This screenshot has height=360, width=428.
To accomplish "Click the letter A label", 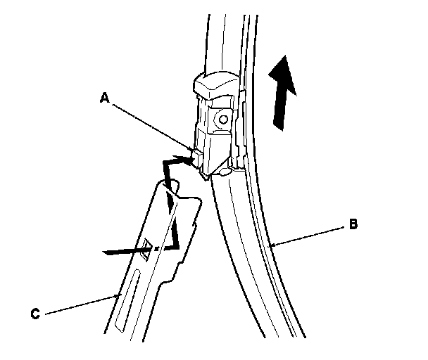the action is click(103, 99).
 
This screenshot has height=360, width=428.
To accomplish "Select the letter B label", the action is click(353, 225).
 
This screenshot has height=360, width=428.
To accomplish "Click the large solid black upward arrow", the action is click(283, 93).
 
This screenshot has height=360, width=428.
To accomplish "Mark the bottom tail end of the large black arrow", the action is click(279, 128).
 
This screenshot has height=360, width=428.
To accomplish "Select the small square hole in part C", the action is click(148, 246).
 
